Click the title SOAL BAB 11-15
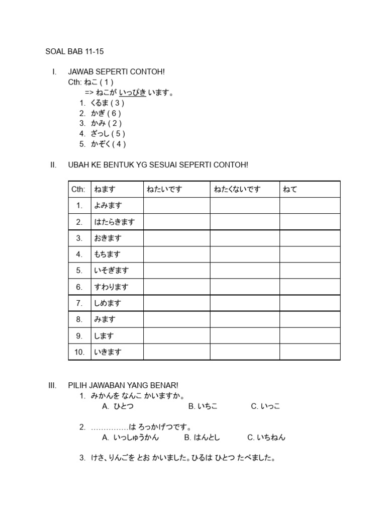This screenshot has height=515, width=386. pos(75,51)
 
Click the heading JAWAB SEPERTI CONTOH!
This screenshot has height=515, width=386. pos(116,72)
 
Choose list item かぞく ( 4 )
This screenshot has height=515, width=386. pos(108,144)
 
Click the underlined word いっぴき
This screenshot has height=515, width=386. pos(132,93)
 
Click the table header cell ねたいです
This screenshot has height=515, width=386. pos(164,189)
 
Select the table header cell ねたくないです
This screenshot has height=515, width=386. pos(237,189)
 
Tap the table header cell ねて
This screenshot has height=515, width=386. pos(290,189)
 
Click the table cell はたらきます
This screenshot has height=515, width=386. pos(114,222)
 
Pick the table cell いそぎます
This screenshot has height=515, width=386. pos(111,271)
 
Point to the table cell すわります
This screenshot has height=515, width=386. pos(111,287)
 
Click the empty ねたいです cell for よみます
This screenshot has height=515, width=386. pos(176,205)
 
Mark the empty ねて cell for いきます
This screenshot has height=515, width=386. pos(310,352)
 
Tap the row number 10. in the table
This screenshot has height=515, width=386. pos(79,352)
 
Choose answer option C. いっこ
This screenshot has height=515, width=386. pos(265,406)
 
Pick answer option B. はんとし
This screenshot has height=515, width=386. pos(202,438)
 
